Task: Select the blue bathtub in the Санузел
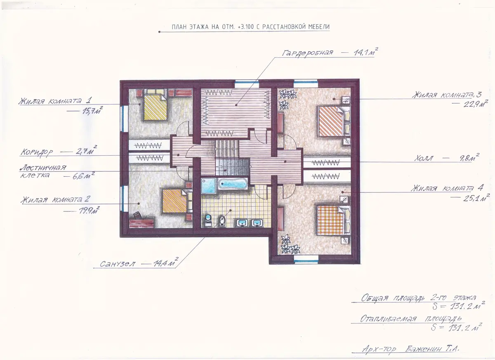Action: coord(233,184)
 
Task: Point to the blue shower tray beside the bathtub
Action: coord(208,186)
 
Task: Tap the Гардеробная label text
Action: coord(307,53)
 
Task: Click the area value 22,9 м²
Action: coord(476,104)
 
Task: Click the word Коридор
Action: coord(37,152)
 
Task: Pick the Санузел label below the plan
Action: coord(117,264)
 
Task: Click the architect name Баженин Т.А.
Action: coord(432,349)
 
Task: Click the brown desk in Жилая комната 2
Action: coord(141,223)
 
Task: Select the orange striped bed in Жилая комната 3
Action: coord(330,121)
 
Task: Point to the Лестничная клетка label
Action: coord(43,171)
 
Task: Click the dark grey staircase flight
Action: coord(233,167)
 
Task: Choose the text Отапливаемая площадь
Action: coord(411,319)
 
